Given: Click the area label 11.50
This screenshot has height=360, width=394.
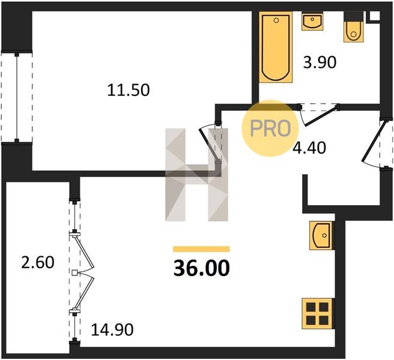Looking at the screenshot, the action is coord(129,90).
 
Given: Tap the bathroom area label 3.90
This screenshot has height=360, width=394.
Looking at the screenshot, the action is coord(320,62).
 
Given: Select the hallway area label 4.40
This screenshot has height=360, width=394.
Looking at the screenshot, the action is coord(309,148).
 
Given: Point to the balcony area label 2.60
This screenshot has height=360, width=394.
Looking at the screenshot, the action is coord(38,262).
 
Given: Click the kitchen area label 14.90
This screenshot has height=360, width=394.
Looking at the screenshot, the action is coord(112,329).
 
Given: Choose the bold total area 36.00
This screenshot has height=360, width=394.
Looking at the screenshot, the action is coord(202,268).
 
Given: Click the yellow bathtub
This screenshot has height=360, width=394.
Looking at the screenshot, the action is coord(276,47).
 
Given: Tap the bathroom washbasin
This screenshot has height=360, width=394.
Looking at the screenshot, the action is coord(312,22).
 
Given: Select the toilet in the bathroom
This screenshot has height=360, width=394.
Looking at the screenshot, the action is coord(354,28).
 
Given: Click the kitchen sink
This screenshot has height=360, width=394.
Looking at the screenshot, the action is coord(322,235).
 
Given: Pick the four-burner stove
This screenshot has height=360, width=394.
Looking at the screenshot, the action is coord(318,313).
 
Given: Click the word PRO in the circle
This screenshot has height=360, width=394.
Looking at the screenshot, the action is coord(270,128).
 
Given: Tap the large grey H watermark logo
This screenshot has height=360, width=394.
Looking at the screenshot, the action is coord(196,175).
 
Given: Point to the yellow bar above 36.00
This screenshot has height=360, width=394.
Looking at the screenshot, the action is coord(201,249).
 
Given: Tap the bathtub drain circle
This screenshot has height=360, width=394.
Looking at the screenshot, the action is coord(276,20).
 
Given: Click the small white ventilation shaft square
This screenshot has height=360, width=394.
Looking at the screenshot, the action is coord(374,16).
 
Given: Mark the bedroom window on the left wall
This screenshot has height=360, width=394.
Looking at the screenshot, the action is coord(17,97).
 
